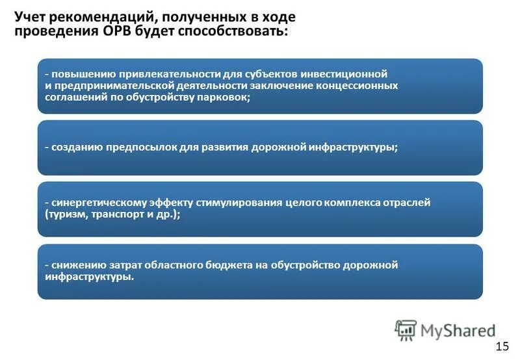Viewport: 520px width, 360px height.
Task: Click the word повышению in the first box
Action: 80,73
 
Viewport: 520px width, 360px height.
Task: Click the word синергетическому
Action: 97,202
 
